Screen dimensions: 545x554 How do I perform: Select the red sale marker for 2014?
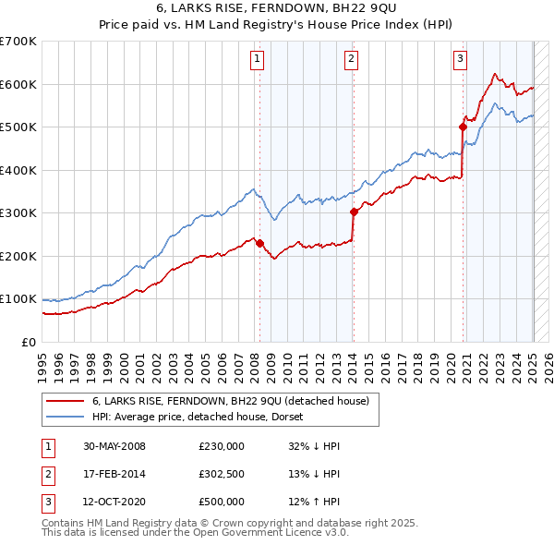tap(354, 212)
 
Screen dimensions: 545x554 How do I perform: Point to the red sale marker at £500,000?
tap(462, 127)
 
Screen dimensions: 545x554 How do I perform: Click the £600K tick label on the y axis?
tap(18, 84)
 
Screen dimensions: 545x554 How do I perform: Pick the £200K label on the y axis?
tap(18, 256)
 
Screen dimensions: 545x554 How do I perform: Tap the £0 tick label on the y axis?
tap(28, 342)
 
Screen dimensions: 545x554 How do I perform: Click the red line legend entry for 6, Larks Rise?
tap(231, 401)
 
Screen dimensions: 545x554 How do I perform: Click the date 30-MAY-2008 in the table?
tap(114, 446)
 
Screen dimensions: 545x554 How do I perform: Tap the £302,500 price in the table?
tap(221, 474)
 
